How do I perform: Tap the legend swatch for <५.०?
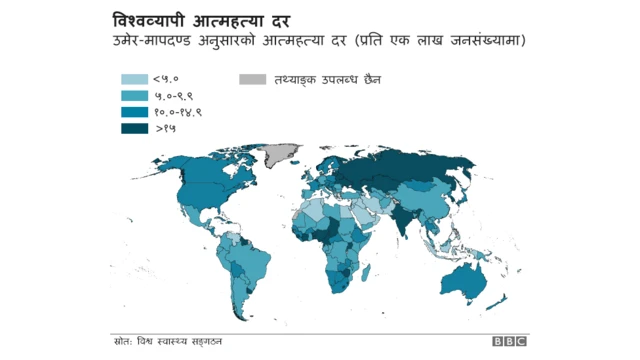134,78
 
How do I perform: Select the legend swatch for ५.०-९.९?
134,95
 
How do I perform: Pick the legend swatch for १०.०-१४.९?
134,111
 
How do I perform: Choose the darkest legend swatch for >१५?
134,128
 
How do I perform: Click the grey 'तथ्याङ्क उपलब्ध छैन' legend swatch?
253,78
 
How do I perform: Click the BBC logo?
508,342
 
